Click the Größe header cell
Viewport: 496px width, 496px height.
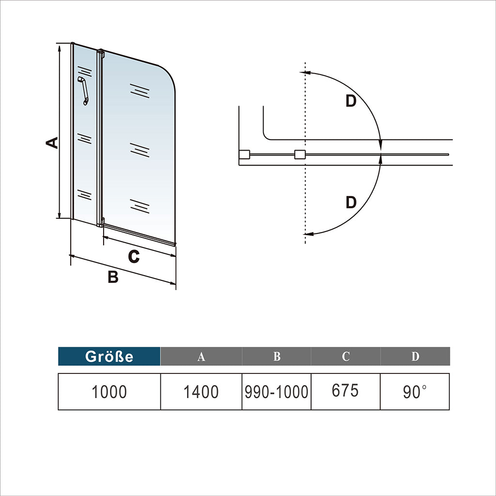(109, 356)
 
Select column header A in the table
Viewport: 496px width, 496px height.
(201, 356)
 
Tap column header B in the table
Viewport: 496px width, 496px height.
(277, 356)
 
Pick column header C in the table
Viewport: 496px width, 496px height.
(345, 356)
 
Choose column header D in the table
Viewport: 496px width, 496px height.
(415, 356)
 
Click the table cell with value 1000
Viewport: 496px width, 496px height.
(109, 391)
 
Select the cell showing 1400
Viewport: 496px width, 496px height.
(201, 391)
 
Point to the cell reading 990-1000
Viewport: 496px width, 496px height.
(277, 391)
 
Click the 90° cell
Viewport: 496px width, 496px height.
(415, 391)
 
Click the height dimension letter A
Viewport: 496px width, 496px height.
(51, 142)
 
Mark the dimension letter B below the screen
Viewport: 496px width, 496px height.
(113, 277)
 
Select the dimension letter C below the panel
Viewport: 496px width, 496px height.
(134, 256)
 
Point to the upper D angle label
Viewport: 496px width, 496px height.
(351, 101)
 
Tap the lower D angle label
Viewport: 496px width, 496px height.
(351, 202)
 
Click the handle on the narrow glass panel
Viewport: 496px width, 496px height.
(84, 90)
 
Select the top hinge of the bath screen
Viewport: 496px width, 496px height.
(101, 52)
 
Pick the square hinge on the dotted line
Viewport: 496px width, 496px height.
(300, 155)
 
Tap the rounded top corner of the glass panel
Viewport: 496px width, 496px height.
(167, 75)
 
